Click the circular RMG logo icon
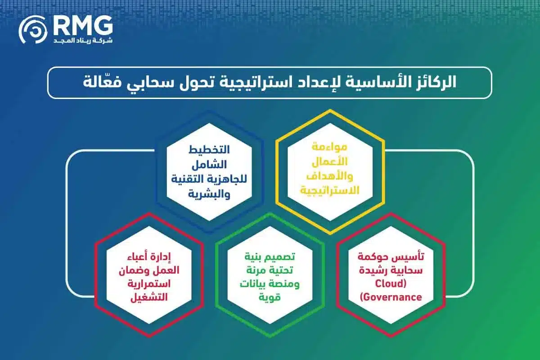pyautogui.click(x=33, y=30)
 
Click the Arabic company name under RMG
pyautogui.click(x=83, y=40)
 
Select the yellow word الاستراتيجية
pyautogui.click(x=330, y=190)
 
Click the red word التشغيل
pyautogui.click(x=147, y=297)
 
